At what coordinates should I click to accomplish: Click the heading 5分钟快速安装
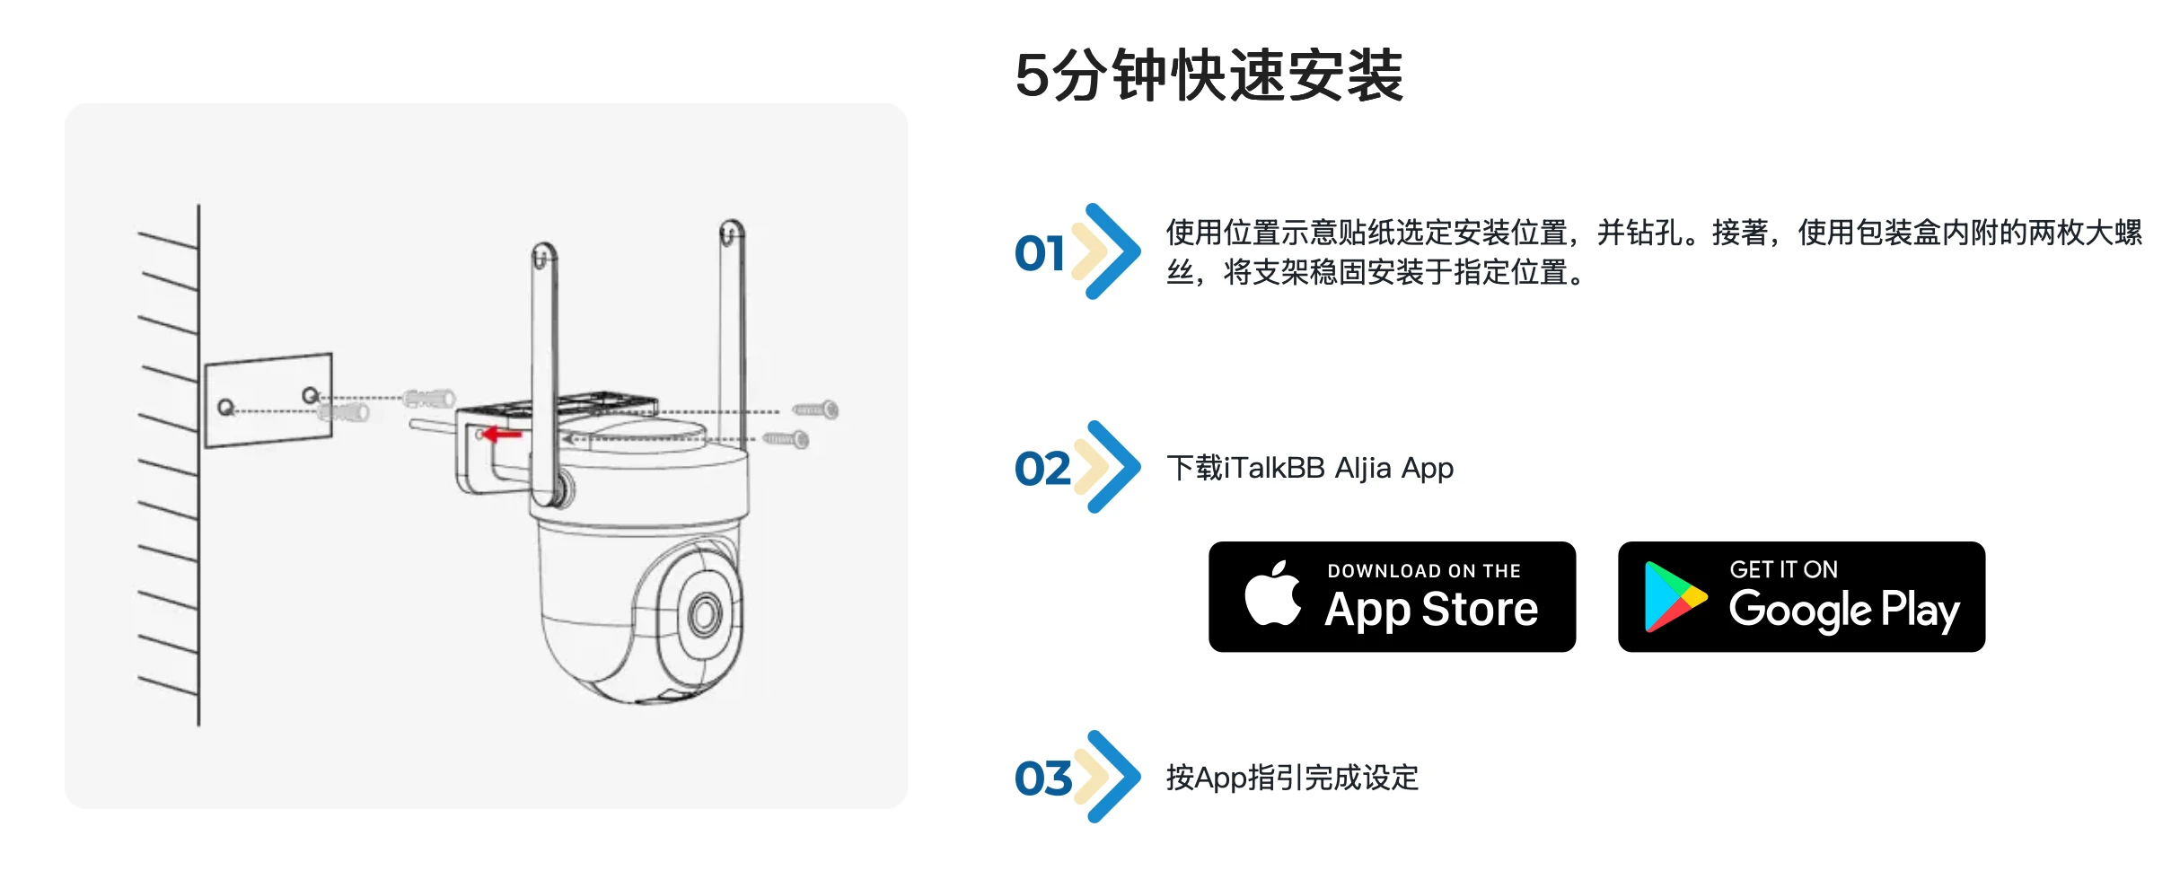[1209, 75]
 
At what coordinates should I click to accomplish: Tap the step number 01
[1039, 253]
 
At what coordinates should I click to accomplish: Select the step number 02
[1042, 469]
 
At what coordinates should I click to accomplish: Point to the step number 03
[1042, 779]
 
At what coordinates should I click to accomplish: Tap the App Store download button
[1391, 597]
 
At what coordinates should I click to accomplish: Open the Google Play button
[1800, 597]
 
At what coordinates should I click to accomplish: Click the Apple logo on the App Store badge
[1272, 594]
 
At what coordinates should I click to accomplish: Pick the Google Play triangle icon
[1672, 597]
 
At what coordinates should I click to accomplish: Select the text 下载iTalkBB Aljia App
[1309, 469]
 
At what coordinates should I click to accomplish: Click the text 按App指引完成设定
[1291, 778]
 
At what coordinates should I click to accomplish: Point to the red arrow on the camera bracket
[503, 435]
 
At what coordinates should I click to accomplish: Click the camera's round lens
[705, 615]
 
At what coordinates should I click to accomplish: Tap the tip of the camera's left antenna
[543, 251]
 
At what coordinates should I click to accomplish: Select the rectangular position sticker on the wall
[268, 400]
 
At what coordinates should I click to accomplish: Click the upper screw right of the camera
[816, 410]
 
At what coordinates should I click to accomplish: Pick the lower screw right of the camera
[787, 439]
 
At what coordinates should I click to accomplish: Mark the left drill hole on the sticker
[225, 408]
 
